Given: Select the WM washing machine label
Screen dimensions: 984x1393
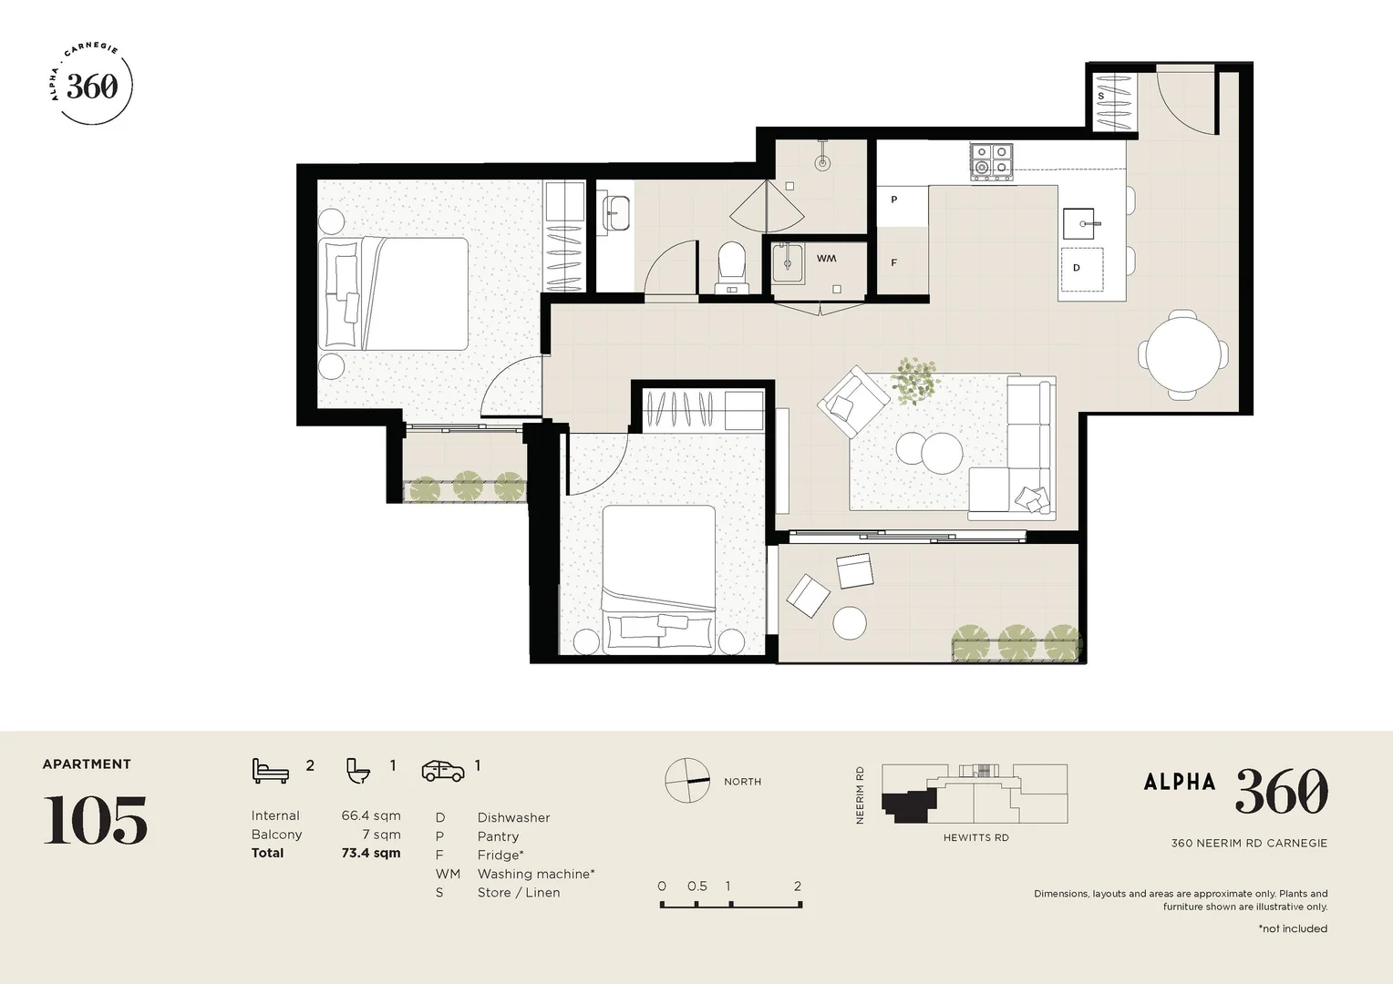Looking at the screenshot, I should click(826, 259).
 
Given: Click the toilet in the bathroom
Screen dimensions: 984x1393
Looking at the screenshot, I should click(732, 264).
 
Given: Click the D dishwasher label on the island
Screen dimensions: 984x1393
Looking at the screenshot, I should click(1077, 268).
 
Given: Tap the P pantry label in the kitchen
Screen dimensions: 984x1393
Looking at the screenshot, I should click(893, 200).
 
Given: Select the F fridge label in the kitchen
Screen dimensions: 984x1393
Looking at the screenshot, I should click(893, 263).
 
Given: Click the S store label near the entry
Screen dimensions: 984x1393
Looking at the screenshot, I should click(1100, 96).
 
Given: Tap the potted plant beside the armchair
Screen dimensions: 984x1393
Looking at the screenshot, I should click(914, 380).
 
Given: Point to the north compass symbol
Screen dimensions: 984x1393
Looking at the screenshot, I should click(687, 781).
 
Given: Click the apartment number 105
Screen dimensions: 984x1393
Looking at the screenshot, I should click(96, 820).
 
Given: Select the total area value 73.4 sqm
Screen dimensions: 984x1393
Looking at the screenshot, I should click(370, 854).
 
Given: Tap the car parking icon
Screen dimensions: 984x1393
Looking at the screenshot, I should click(443, 770).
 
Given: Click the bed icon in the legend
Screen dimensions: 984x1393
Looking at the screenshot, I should click(270, 770).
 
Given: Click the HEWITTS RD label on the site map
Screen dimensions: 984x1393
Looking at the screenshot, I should click(975, 837).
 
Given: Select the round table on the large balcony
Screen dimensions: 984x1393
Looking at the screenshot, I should click(850, 623).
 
